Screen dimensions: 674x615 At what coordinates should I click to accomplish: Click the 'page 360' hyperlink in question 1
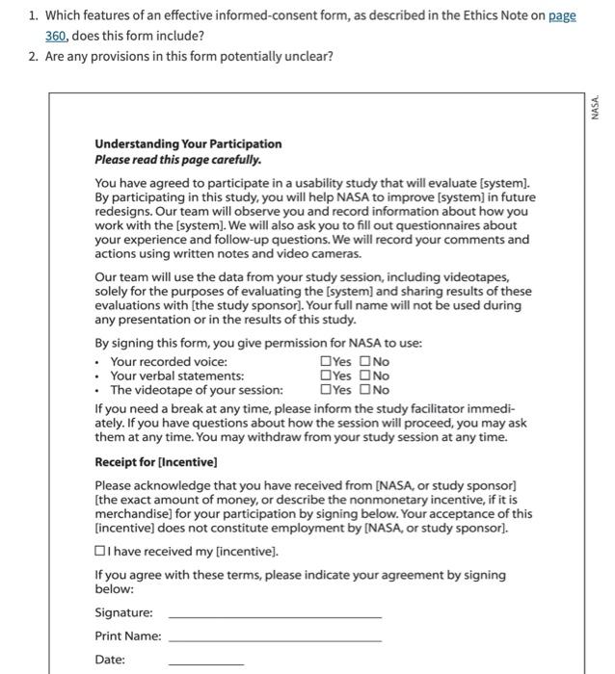[x=562, y=16]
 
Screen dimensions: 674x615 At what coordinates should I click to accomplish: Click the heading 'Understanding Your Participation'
[x=188, y=143]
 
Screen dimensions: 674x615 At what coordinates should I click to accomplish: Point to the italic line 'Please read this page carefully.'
[x=177, y=159]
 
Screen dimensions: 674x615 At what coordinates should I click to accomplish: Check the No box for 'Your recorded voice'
[x=366, y=362]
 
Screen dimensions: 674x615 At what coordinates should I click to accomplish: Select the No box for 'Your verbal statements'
[x=366, y=376]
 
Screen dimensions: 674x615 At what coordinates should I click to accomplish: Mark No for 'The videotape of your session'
[x=366, y=391]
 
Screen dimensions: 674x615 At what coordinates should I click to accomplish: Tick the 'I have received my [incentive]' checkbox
[x=100, y=552]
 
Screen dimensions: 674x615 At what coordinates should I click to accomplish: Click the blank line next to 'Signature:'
[x=275, y=615]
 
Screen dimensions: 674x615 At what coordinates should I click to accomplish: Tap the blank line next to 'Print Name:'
[x=275, y=638]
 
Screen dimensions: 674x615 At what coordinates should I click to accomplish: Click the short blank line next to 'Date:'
[x=206, y=662]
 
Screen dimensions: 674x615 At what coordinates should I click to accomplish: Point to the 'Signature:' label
[x=123, y=612]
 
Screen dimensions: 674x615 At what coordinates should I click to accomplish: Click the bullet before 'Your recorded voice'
[x=98, y=363]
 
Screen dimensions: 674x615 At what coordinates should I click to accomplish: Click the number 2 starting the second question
[x=34, y=56]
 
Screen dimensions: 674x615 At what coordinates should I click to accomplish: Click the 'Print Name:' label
[x=127, y=635]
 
